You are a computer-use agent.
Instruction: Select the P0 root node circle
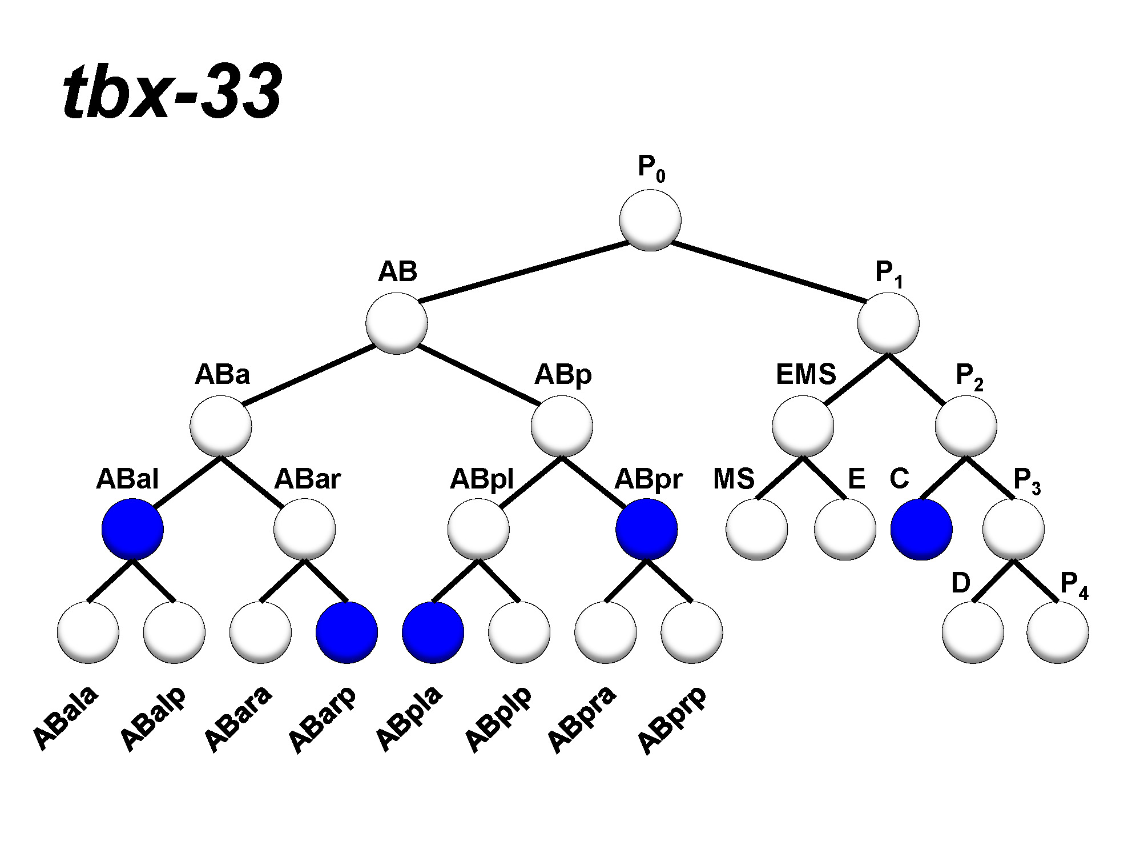pos(650,220)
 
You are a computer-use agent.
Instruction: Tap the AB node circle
pos(397,323)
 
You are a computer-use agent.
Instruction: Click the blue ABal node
pos(132,529)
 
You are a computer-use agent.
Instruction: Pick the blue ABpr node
pos(647,529)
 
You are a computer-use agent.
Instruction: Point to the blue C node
pos(921,529)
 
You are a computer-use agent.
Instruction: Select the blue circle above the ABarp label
pos(347,632)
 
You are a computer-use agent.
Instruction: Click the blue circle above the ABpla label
pos(433,632)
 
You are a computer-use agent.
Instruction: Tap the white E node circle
pos(845,529)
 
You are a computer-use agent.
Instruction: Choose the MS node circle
pos(757,529)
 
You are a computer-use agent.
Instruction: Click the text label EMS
pos(805,375)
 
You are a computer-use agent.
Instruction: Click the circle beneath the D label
pos(973,632)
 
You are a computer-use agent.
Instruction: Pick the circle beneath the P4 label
pos(1057,632)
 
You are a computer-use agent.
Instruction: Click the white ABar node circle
pos(304,529)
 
